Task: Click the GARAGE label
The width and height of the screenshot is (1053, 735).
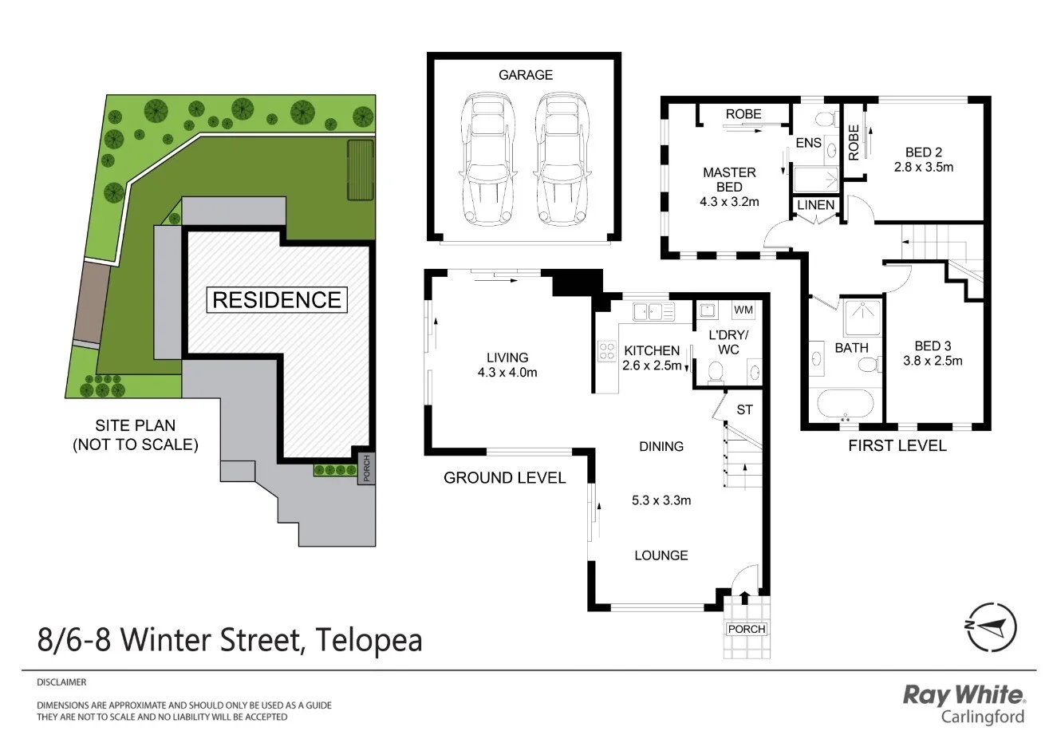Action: click(525, 75)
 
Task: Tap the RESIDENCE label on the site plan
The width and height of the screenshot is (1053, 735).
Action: click(277, 300)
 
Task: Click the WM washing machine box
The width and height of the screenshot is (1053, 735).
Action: click(742, 310)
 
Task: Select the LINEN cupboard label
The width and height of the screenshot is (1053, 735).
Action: click(816, 205)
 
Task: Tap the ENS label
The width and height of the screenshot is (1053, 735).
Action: click(809, 144)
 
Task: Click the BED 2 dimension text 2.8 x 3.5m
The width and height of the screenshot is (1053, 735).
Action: click(924, 168)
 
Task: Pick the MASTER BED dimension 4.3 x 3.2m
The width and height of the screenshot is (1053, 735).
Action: click(729, 202)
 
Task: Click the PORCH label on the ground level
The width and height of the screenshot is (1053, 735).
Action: click(747, 629)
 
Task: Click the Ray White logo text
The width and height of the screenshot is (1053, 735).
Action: click(963, 694)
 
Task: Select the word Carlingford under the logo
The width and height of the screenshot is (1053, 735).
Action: click(982, 716)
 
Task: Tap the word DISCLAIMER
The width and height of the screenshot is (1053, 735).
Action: click(61, 682)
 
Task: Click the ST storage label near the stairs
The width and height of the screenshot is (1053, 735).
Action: click(744, 410)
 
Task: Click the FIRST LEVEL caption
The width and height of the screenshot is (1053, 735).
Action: click(897, 445)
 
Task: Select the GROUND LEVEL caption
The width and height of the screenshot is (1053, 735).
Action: click(504, 478)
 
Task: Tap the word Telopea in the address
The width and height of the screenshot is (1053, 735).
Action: click(369, 640)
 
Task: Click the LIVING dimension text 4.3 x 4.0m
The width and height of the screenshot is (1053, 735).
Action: click(507, 373)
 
